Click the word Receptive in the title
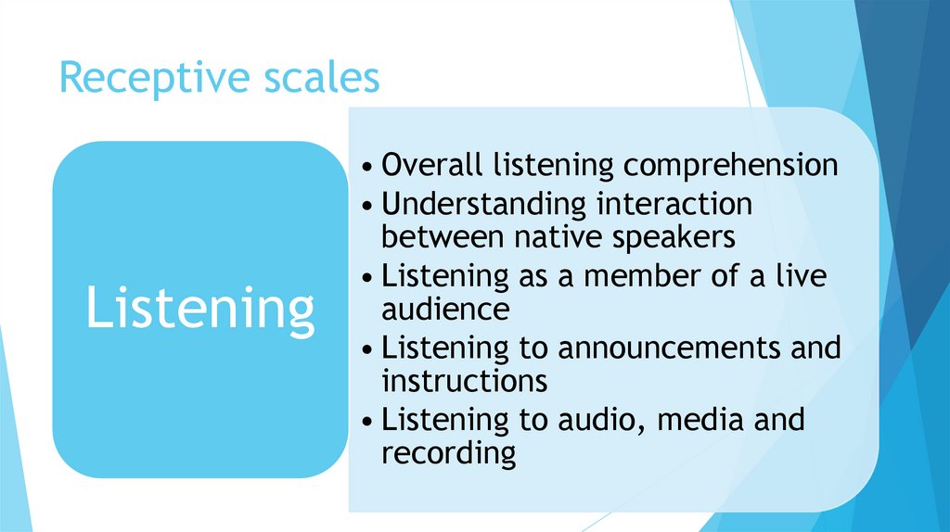point(148,78)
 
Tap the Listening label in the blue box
point(199,309)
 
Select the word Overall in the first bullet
point(433,165)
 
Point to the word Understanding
point(484,203)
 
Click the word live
point(804,275)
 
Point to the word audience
point(445,309)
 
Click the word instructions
point(464,381)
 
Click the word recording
point(448,454)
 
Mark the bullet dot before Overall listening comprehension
point(369,168)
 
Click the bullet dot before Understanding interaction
point(369,205)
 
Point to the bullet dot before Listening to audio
point(369,422)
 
